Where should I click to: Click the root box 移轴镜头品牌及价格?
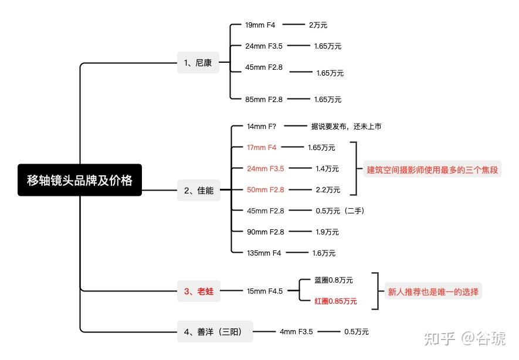[80, 180]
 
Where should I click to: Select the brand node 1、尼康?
[198, 62]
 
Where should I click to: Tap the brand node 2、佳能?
[198, 190]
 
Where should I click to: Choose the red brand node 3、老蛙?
[198, 291]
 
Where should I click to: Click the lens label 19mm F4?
[260, 25]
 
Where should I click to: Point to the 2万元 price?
[317, 25]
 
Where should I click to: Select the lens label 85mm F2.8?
[263, 100]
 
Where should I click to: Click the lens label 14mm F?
[262, 126]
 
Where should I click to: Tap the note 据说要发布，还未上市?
[346, 126]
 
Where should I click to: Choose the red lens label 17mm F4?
[262, 147]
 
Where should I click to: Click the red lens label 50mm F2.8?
[265, 190]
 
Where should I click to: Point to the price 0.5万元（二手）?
[340, 211]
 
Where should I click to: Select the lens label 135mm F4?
[264, 253]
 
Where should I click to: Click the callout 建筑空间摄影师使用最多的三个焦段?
[432, 169]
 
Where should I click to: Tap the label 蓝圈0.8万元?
[334, 280]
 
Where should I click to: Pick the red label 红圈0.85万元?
[335, 301]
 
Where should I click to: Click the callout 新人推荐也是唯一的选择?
[433, 291]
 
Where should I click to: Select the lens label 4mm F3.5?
[296, 332]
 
